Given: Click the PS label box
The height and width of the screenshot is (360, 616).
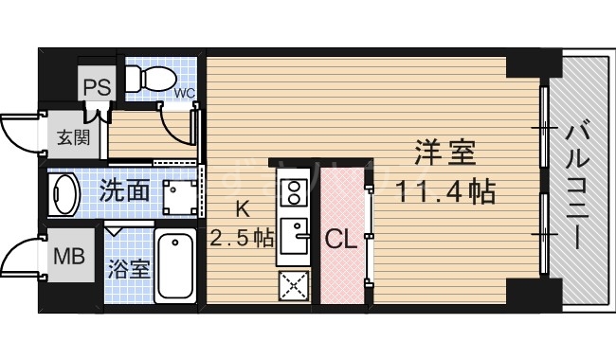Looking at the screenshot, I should coord(97,86).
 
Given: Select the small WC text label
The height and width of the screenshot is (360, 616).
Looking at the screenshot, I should coord(184,92).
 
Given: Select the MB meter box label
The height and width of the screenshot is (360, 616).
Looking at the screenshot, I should coord(66,256).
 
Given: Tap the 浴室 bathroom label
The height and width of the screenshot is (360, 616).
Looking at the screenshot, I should coord(127,267).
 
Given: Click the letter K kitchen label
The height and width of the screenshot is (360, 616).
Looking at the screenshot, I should coord(243,210).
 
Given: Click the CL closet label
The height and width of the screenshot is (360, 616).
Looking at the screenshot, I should coord(341,240).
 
